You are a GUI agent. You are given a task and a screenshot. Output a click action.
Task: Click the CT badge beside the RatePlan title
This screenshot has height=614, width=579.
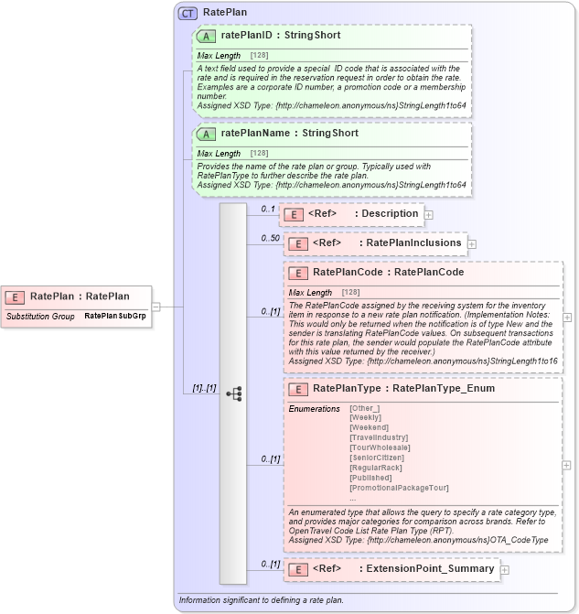[188, 13]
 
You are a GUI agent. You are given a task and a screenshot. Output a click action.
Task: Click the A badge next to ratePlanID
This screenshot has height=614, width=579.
[207, 36]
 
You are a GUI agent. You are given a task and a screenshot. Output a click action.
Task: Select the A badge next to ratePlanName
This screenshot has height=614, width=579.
[207, 134]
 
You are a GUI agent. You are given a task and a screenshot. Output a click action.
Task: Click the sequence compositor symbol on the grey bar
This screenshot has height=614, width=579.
[233, 394]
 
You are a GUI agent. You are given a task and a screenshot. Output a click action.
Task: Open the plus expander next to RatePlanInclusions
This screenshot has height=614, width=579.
[472, 243]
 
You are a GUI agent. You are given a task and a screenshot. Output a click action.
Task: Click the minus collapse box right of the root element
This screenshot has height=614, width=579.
[155, 307]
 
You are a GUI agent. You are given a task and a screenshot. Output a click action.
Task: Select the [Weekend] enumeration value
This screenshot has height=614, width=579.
[370, 427]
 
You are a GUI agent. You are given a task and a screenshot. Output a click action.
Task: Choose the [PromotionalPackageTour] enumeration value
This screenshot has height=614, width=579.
[399, 488]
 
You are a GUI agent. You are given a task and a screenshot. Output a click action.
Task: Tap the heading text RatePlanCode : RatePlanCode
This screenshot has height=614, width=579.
[388, 273]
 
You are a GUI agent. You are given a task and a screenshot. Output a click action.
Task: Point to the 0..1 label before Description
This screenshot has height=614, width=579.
[269, 210]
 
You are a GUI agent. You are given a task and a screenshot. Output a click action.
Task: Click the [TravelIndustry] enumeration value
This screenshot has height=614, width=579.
[380, 437]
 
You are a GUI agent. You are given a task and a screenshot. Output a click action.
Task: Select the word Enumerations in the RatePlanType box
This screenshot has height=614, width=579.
[314, 408]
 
